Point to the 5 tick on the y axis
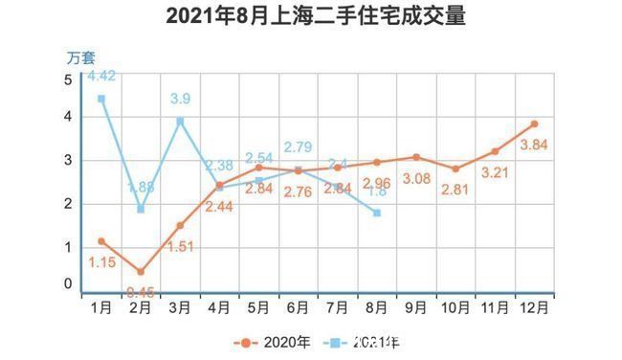pos(68,79)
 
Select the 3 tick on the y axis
pos(68,161)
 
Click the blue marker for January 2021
pos(100,99)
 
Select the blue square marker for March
pos(180,121)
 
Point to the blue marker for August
pos(377,213)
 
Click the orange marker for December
pos(534,124)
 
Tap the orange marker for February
pos(141,272)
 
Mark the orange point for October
pos(455,169)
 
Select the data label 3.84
pos(532,146)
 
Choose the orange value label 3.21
pos(496,173)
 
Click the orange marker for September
pos(416,157)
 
